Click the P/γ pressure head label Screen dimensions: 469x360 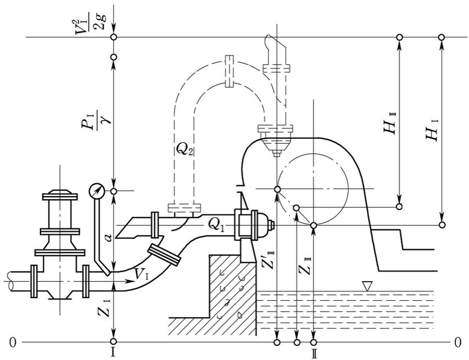95,120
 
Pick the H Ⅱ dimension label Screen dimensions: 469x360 390,123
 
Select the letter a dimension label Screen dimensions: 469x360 109,238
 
